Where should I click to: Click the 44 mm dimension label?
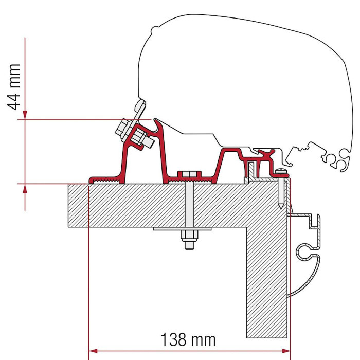[14, 87]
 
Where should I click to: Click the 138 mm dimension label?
[188, 339]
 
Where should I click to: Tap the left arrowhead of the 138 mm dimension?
[93, 351]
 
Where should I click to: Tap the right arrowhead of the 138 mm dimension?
[286, 351]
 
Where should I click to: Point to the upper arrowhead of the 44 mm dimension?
[25, 115]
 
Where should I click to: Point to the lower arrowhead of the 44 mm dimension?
[25, 188]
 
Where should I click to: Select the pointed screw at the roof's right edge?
[281, 188]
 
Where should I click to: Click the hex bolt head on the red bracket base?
[189, 174]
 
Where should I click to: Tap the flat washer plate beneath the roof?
[182, 229]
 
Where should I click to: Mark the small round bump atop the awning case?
[155, 29]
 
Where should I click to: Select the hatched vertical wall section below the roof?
[267, 282]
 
